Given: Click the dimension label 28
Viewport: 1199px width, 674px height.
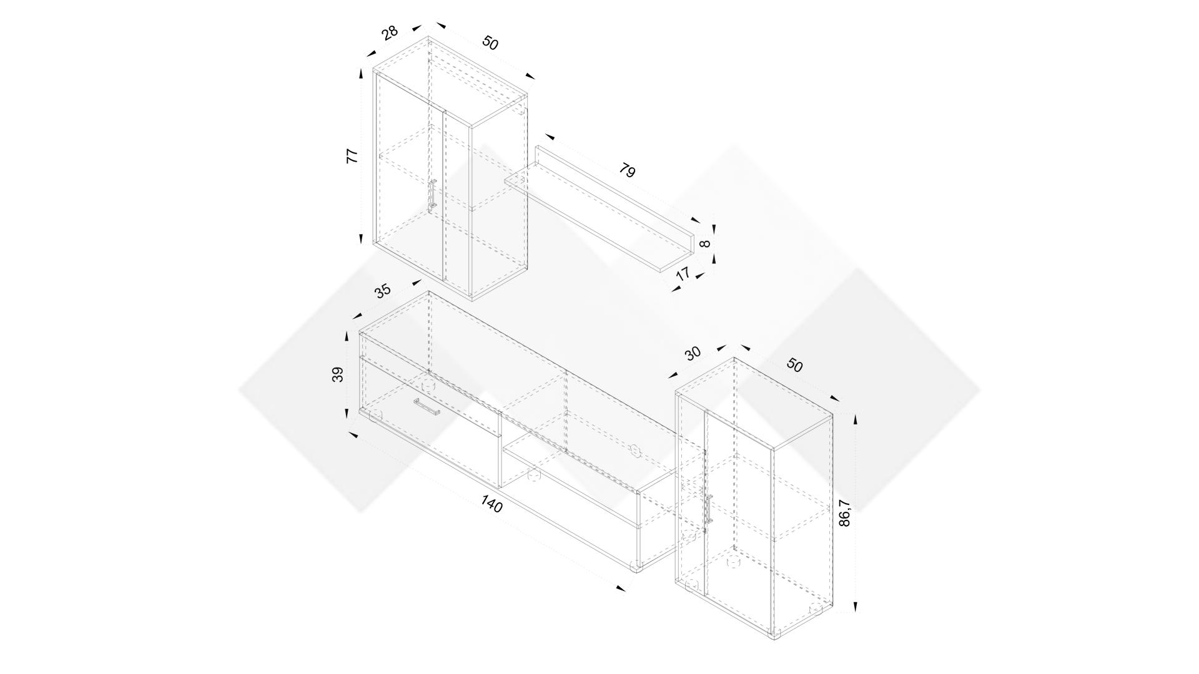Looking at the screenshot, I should click(x=390, y=32).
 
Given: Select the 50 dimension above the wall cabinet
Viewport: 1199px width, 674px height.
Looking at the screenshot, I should click(x=490, y=43).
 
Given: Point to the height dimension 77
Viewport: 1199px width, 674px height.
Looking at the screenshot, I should click(x=352, y=156).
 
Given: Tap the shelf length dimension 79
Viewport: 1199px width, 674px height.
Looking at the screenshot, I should click(x=627, y=170).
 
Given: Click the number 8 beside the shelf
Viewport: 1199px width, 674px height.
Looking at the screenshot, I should click(x=706, y=243).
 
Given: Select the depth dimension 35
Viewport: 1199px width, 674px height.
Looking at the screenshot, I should click(x=383, y=290).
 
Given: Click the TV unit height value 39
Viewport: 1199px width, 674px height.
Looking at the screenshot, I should click(x=337, y=374).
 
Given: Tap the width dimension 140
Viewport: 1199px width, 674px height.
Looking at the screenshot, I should click(x=492, y=504).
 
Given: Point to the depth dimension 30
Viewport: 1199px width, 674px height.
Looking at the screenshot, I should click(x=693, y=353).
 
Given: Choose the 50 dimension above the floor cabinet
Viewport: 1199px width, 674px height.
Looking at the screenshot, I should click(x=794, y=365).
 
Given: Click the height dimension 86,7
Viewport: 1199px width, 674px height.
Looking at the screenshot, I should click(x=844, y=513).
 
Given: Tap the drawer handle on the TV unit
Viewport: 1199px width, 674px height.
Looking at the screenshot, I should click(x=427, y=406).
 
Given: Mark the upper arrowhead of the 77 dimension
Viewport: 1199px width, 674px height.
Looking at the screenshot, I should click(x=361, y=74).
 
